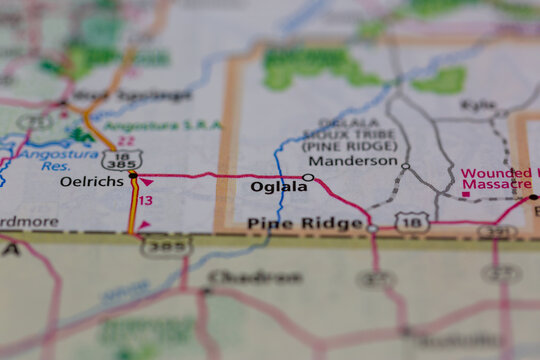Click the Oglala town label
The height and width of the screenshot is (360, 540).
[x=279, y=187]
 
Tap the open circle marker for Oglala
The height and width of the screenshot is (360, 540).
[x=308, y=178]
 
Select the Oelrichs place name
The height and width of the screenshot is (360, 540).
[x=92, y=182]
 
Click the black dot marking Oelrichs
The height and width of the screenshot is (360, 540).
[x=133, y=175]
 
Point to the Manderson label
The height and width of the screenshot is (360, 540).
[x=352, y=161]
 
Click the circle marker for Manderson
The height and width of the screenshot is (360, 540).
[x=405, y=166]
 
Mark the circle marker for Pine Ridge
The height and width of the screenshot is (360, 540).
[x=372, y=229]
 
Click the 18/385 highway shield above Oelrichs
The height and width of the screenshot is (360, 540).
[x=120, y=159]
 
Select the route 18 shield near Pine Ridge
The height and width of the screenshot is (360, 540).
[x=411, y=223]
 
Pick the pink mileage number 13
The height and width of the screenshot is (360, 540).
[x=146, y=201]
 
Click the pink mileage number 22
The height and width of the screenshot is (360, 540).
[x=126, y=142]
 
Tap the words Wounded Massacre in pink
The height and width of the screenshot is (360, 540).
[x=496, y=179]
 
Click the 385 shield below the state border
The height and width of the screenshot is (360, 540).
[x=165, y=245]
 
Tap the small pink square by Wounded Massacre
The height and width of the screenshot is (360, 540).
[x=465, y=193]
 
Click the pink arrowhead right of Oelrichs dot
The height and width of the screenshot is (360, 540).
[x=147, y=182]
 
